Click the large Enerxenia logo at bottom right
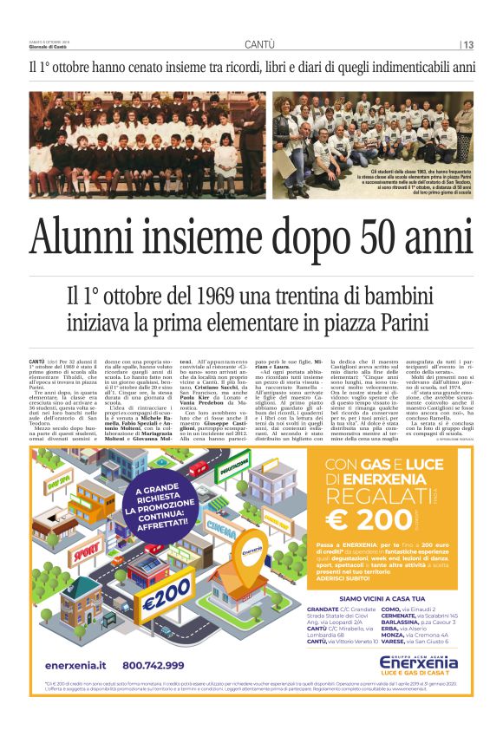click(x=420, y=663)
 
